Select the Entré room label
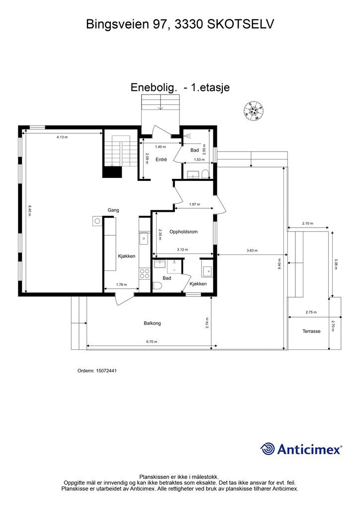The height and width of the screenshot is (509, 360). coord(161,160)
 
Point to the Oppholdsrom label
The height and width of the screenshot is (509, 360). coord(184,232)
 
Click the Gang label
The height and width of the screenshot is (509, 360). coord(113,210)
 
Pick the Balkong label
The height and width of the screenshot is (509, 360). coord(152,323)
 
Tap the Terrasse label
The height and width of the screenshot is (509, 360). coord(312,331)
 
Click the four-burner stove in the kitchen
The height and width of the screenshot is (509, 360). coord(145,272)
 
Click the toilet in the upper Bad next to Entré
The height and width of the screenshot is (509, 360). coord(205,173)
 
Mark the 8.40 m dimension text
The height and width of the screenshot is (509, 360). coord(30,210)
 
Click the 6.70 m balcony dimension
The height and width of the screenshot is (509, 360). coord(151,342)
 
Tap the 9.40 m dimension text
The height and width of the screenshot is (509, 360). coord(279,262)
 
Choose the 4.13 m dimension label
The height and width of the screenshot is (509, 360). coord(62,137)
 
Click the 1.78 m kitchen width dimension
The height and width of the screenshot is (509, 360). coord(121,285)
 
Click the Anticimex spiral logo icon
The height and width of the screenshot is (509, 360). coord(268,449)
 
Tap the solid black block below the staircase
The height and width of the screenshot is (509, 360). coord(112,172)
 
